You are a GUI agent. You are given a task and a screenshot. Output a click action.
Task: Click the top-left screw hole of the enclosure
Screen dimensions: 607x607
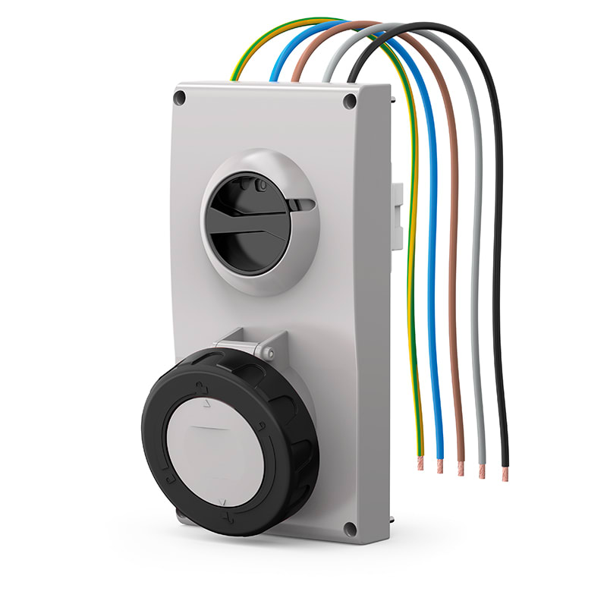click(180, 98)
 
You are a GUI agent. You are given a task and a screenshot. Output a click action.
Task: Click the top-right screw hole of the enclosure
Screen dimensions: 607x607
click(349, 101)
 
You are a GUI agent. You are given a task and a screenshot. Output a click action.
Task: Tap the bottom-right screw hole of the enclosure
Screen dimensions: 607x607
click(349, 529)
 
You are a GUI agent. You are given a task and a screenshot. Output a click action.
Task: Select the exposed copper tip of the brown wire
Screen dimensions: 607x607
click(461, 468)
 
